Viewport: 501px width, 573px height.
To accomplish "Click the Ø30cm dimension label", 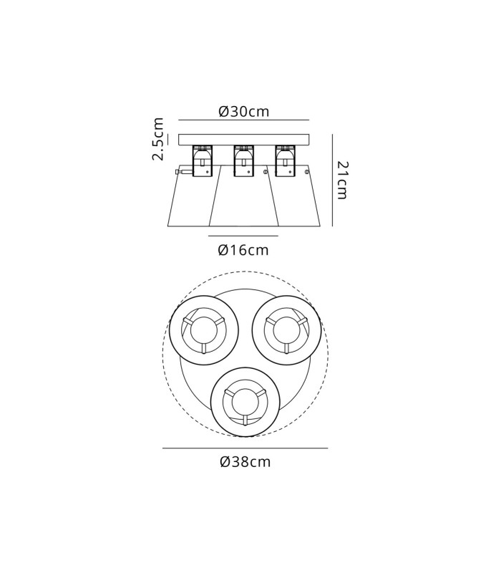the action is click(244, 111).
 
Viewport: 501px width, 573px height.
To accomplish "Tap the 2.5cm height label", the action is click(157, 139).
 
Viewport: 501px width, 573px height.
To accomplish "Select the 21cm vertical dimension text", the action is click(342, 180).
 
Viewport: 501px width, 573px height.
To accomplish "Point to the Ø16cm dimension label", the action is click(243, 250).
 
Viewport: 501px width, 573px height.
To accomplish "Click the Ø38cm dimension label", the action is click(245, 462).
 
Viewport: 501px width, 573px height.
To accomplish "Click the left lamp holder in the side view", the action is click(203, 161).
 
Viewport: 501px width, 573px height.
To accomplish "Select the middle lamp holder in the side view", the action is click(243, 161).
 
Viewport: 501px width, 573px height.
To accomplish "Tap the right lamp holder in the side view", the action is click(285, 161).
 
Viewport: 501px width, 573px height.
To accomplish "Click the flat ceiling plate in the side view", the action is click(243, 140).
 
